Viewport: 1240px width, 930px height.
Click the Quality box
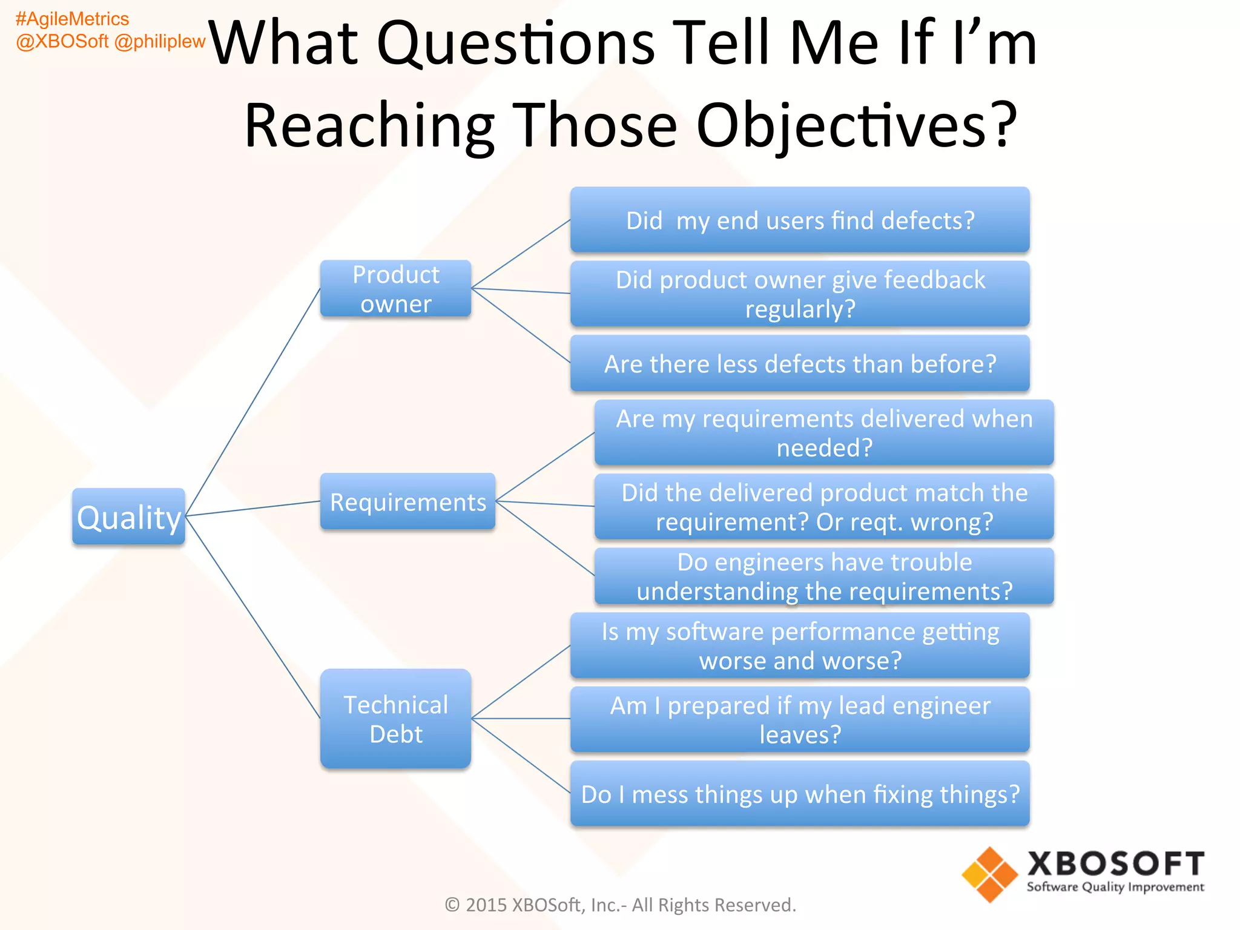128,516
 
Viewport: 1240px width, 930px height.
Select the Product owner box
395,289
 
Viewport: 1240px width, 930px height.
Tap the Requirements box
407,502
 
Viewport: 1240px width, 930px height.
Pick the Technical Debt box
395,719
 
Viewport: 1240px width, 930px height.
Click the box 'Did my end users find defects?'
800,220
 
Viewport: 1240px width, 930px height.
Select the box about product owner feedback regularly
800,294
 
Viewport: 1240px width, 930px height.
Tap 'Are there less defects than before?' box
800,364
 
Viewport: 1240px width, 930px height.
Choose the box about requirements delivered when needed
824,433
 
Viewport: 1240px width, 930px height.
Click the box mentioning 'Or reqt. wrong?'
824,507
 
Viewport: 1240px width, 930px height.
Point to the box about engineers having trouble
824,576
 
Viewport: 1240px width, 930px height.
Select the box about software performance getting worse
800,645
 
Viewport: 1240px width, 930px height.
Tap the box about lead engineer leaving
800,719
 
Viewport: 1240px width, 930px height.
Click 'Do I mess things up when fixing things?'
800,794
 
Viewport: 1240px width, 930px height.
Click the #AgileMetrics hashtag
72,19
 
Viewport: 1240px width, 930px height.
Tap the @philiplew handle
160,41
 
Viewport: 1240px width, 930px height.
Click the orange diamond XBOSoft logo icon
989,874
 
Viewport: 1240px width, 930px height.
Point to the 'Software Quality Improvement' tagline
1115,887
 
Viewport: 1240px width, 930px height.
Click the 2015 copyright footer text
620,905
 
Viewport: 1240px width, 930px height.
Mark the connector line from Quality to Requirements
253,509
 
